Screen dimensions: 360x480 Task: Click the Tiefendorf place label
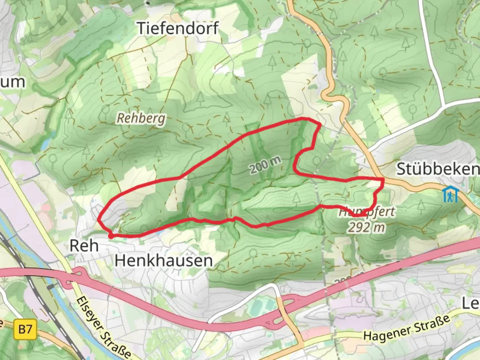pos(178,28)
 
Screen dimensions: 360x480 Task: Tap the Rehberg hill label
pos(141,118)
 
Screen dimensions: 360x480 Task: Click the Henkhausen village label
pos(164,260)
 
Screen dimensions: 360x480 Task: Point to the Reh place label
pos(84,246)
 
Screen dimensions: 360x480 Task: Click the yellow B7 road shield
pos(25,330)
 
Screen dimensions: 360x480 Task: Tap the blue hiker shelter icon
pos(450,195)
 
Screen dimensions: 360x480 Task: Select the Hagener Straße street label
pos(407,329)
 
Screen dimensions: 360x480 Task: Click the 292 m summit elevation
pos(366,227)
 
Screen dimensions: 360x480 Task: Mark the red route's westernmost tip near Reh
pos(99,219)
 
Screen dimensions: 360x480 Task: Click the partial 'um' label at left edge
pos(13,82)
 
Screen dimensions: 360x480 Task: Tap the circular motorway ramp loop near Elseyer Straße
pos(74,278)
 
